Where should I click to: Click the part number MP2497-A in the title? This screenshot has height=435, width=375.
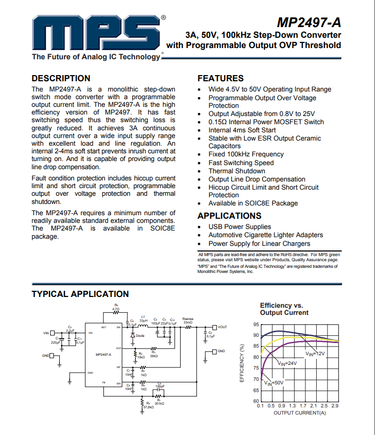tap(308, 23)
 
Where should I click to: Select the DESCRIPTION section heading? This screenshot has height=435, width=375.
tap(61, 78)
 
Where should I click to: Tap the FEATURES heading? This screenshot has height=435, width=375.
tap(220, 78)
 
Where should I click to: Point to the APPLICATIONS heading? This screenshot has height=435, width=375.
tap(229, 216)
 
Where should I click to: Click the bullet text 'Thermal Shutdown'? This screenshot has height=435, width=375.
tap(236, 171)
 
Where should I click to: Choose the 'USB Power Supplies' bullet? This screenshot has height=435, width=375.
tap(239, 226)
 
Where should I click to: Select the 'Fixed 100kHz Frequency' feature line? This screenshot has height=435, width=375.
tap(246, 154)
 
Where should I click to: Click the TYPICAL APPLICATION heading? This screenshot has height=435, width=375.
tap(80, 294)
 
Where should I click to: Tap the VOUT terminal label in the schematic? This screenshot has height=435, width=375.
tap(222, 327)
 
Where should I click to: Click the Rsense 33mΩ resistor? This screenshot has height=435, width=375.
tap(188, 327)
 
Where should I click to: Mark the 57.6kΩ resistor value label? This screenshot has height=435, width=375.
tap(149, 407)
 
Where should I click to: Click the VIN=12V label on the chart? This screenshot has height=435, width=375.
tap(316, 353)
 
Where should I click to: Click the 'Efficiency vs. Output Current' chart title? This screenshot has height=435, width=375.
tap(284, 309)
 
